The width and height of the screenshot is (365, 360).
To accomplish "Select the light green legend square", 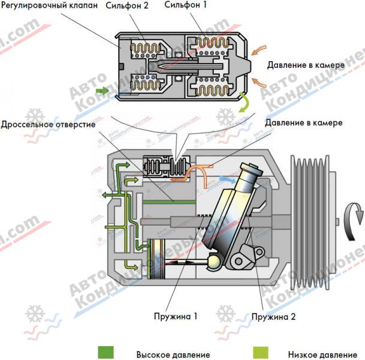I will coord(260,352).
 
